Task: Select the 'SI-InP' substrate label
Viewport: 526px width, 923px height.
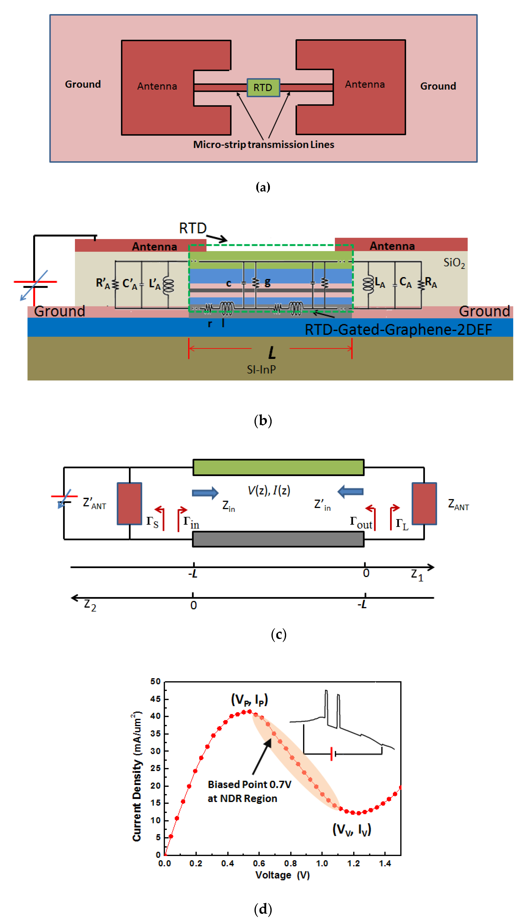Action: (261, 369)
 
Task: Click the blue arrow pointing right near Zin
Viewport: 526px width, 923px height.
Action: (205, 493)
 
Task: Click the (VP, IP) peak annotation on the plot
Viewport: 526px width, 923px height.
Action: (249, 699)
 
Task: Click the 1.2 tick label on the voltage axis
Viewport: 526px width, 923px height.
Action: (353, 863)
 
